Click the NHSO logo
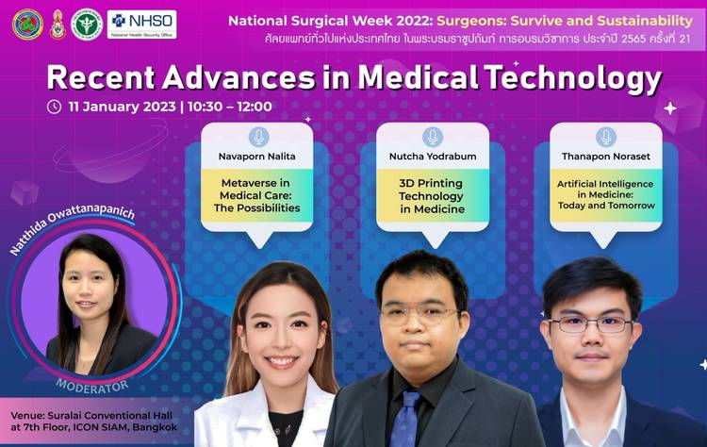tap(142, 25)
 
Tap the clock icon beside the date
tap(54, 107)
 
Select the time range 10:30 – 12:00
tap(230, 107)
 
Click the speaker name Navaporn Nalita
tap(257, 157)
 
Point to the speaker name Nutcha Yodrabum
tap(433, 157)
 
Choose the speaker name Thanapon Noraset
tap(606, 157)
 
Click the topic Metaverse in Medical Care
tap(257, 195)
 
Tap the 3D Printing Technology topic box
tap(433, 196)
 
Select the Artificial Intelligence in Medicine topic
tap(606, 195)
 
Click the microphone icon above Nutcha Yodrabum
tap(433, 137)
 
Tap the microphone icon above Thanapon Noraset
tap(606, 137)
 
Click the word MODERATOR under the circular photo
tap(92, 387)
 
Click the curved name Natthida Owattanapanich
tap(73, 228)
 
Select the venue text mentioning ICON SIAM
tap(93, 422)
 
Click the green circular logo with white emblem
tap(87, 25)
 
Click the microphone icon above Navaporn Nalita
tap(259, 137)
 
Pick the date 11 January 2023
tap(122, 107)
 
